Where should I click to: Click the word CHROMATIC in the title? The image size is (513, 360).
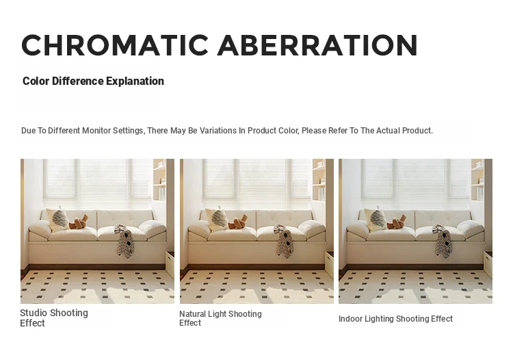point(115,45)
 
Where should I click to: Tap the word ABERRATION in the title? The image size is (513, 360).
point(317,45)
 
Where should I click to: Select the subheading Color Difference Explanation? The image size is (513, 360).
point(93,81)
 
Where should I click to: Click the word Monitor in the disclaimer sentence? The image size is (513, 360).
point(96,131)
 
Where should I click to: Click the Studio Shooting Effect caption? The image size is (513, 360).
point(54,318)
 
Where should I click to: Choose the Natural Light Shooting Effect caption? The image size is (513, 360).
point(220,318)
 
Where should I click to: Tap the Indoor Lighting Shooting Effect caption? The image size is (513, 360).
point(395,318)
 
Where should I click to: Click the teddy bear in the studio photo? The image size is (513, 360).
point(79,222)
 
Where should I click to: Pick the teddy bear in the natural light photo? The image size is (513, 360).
point(238,222)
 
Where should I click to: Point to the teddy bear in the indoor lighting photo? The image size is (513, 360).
point(397,222)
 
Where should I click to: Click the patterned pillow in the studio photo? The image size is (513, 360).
point(58,219)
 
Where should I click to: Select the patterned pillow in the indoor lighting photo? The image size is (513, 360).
point(376,219)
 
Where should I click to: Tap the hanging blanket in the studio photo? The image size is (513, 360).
point(124,240)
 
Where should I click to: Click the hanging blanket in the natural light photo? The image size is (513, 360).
point(284,240)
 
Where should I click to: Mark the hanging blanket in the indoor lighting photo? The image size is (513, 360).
point(443,240)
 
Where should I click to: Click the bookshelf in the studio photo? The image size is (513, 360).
point(159,180)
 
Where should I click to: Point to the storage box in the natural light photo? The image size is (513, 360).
point(329,263)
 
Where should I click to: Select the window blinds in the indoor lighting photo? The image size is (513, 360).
point(415,184)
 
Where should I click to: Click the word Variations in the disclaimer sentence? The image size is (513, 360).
point(218,131)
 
